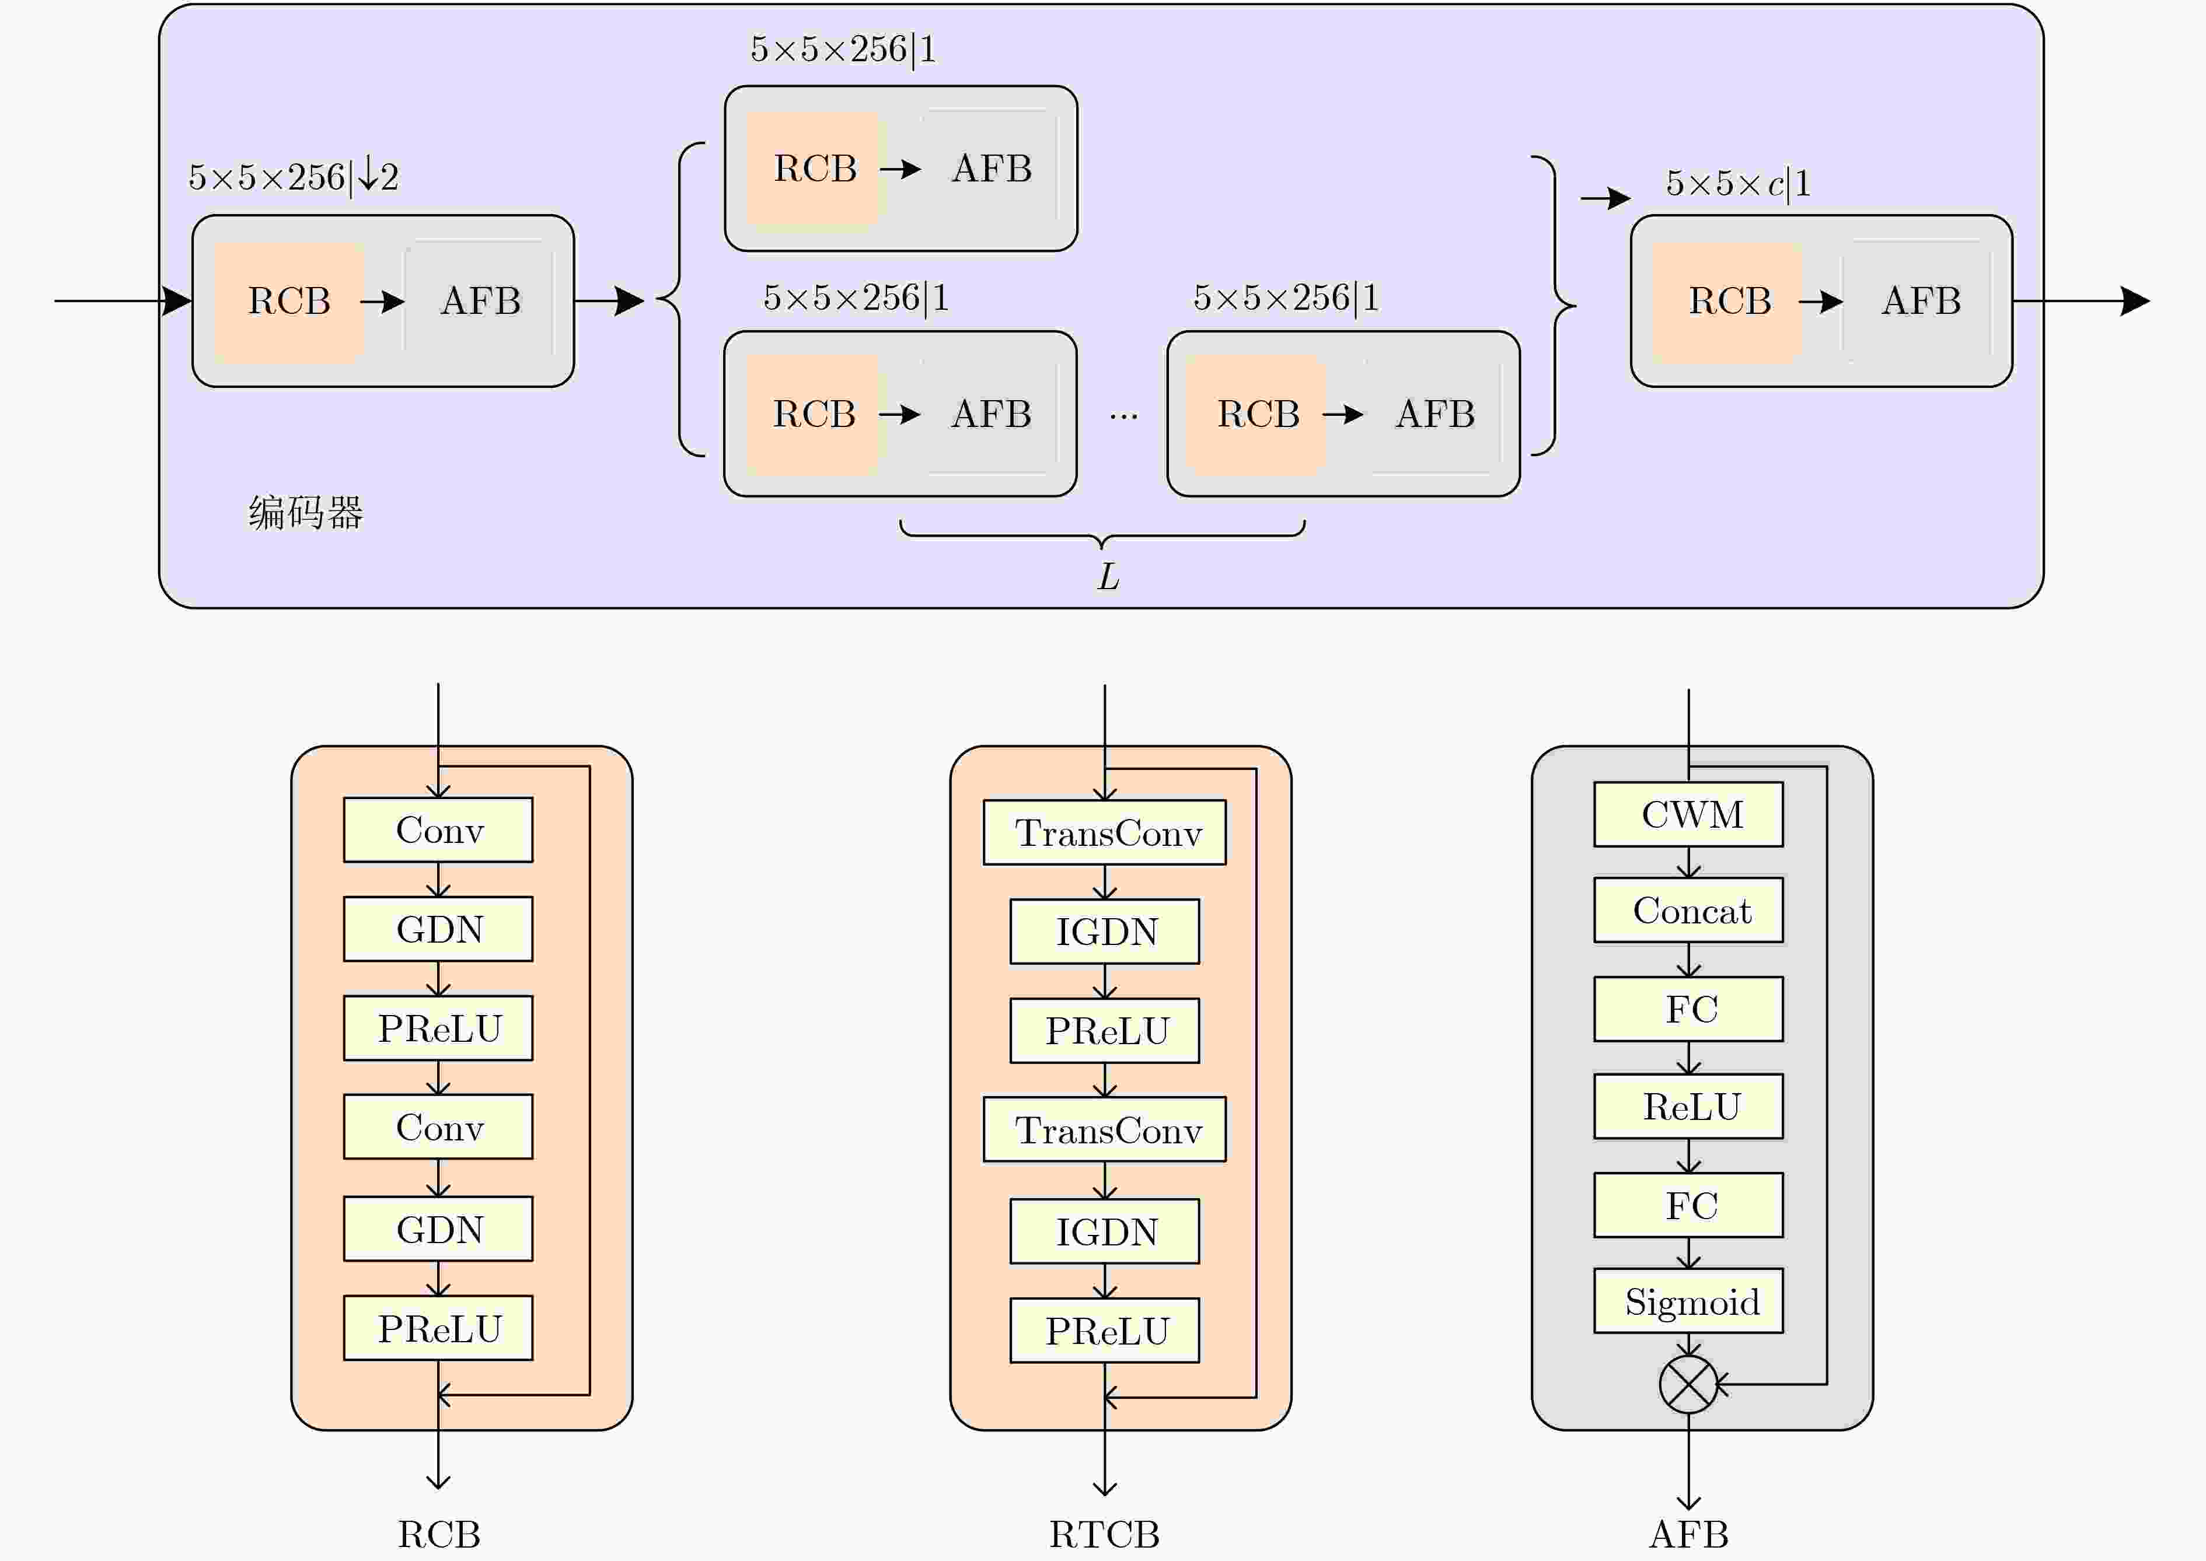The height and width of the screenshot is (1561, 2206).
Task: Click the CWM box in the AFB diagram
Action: point(1688,814)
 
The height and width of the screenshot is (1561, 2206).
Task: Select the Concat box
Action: point(1688,910)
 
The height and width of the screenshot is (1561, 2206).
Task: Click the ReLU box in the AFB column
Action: point(1688,1107)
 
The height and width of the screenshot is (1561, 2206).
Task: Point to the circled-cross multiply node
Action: point(1688,1385)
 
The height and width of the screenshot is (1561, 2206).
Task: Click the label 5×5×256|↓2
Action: point(294,177)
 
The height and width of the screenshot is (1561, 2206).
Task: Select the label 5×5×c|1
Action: point(1738,183)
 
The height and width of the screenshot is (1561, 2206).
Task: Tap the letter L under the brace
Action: point(1108,577)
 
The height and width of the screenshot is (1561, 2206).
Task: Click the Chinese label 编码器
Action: point(306,512)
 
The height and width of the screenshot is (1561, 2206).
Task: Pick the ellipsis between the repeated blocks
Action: point(1123,416)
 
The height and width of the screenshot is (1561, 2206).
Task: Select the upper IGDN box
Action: point(1104,932)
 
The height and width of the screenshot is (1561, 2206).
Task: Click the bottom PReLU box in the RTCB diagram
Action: point(1104,1331)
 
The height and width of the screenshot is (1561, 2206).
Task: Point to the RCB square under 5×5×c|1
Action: point(1728,302)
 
